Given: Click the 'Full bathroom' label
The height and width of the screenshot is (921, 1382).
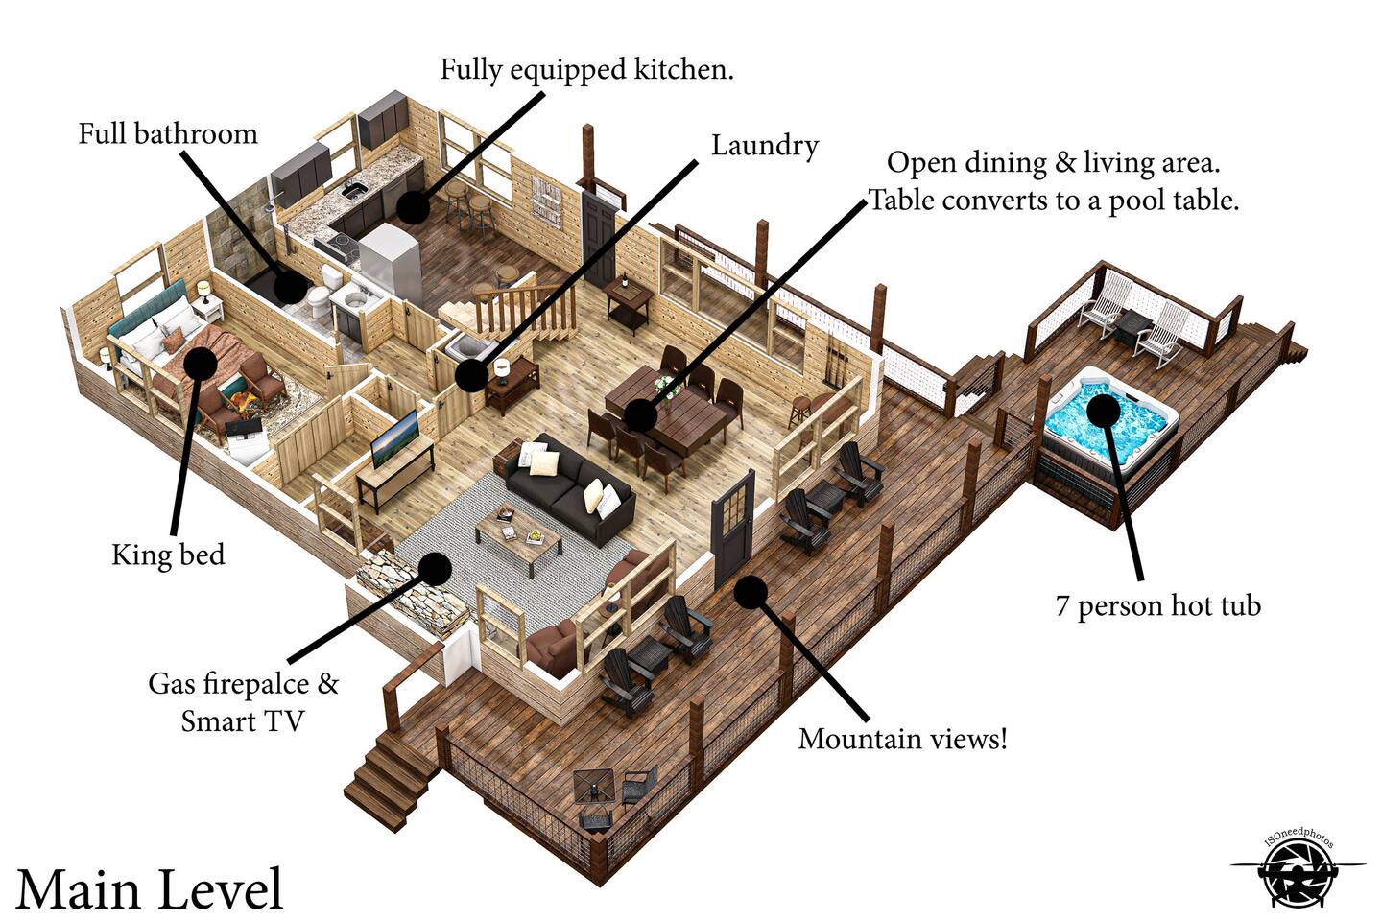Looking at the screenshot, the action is point(168,134).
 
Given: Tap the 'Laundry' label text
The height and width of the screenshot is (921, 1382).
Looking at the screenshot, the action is point(765,147).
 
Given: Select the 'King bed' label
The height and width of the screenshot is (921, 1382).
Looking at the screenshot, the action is point(168,555).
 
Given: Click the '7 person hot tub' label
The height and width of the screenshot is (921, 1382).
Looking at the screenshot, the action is point(1158,606).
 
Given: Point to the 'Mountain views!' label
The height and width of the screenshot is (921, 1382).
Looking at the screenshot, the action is point(902,739).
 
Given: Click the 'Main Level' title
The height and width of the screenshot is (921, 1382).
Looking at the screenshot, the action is point(150,889).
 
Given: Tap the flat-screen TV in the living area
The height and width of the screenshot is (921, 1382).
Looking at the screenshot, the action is point(394,438).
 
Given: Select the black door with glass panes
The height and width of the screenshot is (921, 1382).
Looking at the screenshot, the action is point(733,528).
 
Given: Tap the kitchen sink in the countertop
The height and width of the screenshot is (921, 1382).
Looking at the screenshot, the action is point(355,191).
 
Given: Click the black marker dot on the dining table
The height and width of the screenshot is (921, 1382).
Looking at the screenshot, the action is point(640,414).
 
